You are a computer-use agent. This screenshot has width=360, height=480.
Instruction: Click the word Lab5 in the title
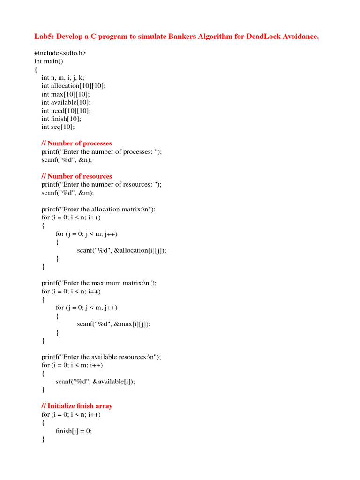[43, 37]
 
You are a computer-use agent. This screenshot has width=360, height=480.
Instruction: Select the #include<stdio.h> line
[60, 53]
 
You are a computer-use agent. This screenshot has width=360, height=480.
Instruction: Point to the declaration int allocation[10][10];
[74, 86]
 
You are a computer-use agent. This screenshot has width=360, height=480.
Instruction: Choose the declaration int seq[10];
[58, 127]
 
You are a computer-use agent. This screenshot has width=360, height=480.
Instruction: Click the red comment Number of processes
[77, 143]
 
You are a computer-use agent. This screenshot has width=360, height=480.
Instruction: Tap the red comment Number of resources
[77, 176]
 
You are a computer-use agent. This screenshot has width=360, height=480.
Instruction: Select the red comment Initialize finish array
[77, 406]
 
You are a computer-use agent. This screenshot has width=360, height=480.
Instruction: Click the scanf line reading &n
[67, 159]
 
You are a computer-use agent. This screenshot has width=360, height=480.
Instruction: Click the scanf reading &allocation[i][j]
[121, 250]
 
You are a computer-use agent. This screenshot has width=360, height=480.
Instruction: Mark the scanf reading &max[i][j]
[114, 323]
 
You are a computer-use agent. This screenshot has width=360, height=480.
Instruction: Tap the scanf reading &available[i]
[95, 382]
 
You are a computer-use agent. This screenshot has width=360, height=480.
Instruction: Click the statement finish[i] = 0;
[74, 431]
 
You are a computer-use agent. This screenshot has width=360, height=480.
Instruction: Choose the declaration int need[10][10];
[66, 111]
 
